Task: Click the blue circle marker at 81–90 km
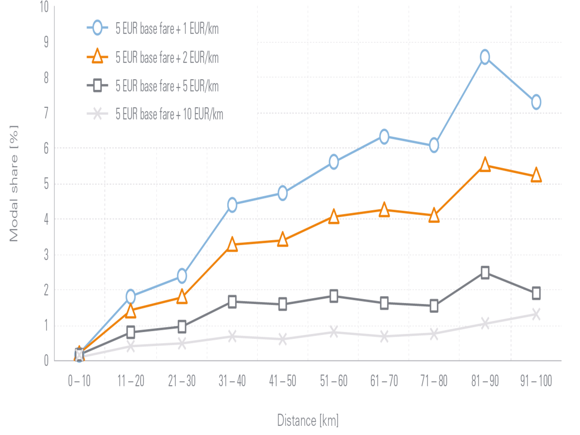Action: [x=485, y=57]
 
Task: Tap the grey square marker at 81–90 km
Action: [x=485, y=272]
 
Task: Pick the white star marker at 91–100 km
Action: [x=536, y=314]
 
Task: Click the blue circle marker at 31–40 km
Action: [x=232, y=204]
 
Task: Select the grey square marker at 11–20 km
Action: [x=131, y=332]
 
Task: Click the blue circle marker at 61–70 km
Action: [x=384, y=136]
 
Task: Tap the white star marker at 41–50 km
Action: [x=282, y=338]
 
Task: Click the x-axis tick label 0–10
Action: [x=79, y=381]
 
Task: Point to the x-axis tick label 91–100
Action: [x=536, y=381]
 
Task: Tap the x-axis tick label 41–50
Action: [x=283, y=381]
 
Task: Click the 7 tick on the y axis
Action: [x=46, y=113]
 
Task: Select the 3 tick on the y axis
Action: [x=46, y=255]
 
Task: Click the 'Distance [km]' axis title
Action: [x=308, y=420]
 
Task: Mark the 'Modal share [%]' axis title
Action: [x=14, y=183]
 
